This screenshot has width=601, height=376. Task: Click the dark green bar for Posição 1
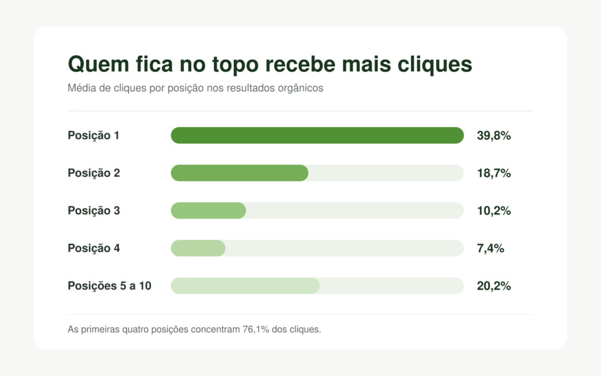tap(318, 136)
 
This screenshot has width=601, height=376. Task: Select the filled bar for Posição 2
tap(239, 173)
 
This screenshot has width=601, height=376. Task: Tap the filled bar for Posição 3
tap(208, 211)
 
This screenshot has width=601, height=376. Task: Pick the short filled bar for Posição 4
tap(198, 249)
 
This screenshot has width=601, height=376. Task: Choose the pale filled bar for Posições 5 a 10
tap(245, 286)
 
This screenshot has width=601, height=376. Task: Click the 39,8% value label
tap(494, 136)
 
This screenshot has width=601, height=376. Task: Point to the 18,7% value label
tap(494, 173)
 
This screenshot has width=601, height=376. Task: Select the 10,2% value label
tap(494, 211)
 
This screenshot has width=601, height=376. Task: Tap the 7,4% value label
tap(490, 249)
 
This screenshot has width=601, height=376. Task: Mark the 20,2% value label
tap(494, 286)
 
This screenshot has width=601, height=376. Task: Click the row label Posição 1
tap(93, 136)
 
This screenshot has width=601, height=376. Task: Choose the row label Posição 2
tap(94, 173)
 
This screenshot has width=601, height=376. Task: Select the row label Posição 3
tap(94, 211)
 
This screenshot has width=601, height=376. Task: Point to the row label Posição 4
tap(94, 249)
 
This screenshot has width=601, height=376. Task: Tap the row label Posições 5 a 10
tap(110, 286)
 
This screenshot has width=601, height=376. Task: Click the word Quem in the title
tap(99, 64)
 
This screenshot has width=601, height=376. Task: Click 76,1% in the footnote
tap(256, 330)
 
